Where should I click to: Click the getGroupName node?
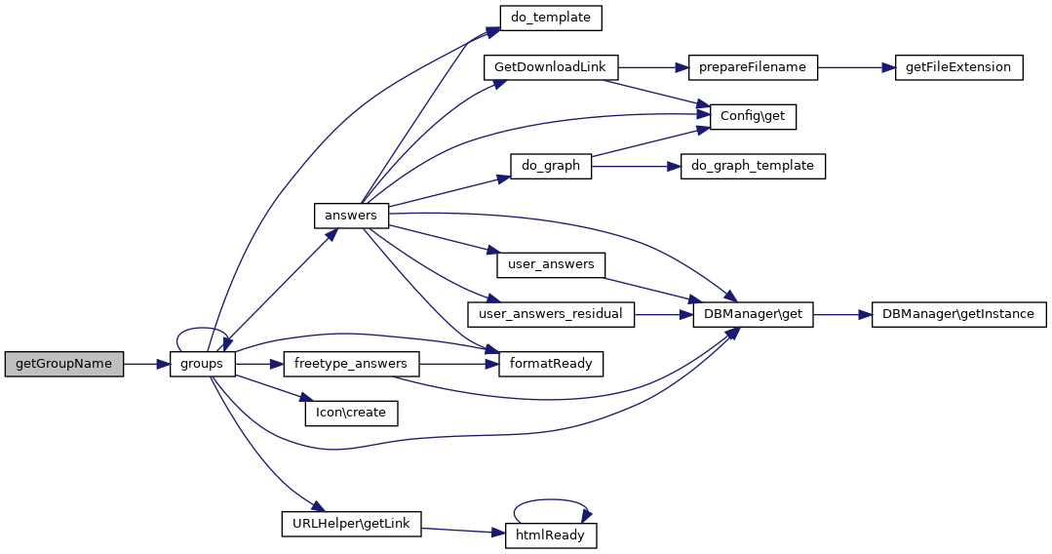tap(64, 364)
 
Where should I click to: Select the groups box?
tap(202, 364)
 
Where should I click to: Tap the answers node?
tap(351, 215)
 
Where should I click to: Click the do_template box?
tap(551, 18)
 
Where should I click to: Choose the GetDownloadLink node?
tap(551, 67)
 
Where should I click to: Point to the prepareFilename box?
tap(753, 67)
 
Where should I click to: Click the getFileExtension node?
tap(958, 67)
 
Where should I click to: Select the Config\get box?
tap(753, 116)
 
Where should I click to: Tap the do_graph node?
tap(551, 166)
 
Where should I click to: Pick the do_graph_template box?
tap(753, 166)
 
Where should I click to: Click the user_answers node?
tap(551, 264)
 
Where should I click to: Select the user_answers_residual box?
tap(551, 314)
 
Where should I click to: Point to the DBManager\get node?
tap(753, 314)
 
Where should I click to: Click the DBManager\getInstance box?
tap(958, 314)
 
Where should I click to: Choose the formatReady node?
tap(551, 364)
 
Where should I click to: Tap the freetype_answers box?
tap(351, 364)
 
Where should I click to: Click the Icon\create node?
tap(351, 413)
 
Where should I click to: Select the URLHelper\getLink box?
tap(351, 524)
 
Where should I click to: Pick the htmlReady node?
tap(551, 535)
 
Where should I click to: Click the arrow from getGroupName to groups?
tap(146, 364)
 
